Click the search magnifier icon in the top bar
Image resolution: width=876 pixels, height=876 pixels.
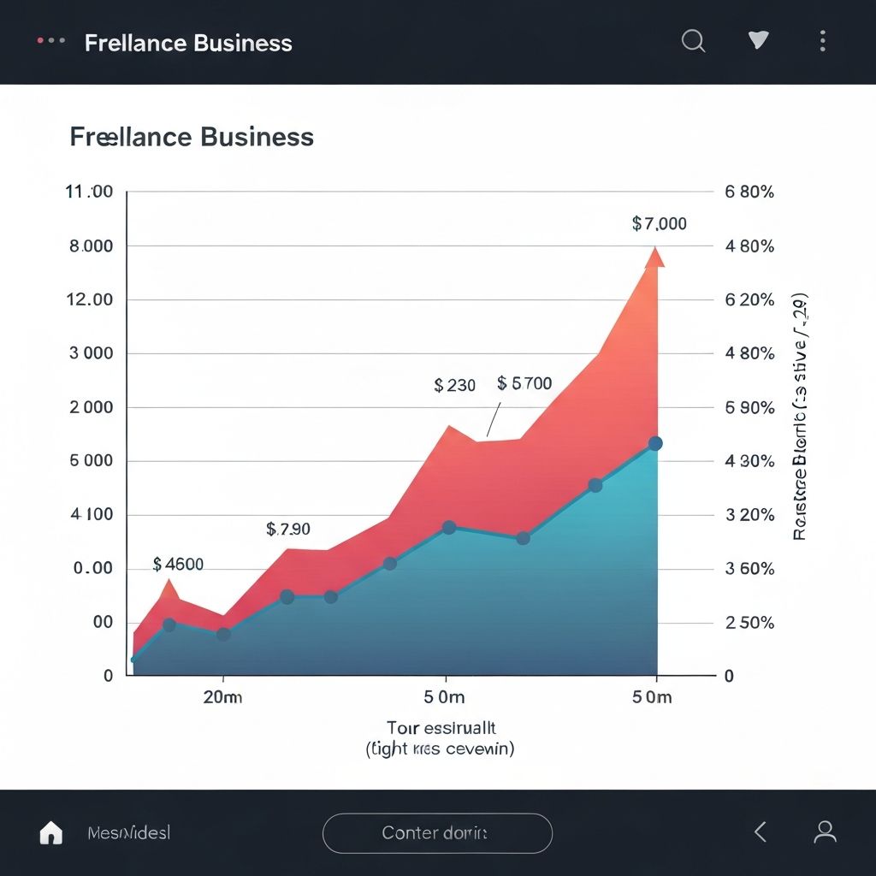(x=693, y=40)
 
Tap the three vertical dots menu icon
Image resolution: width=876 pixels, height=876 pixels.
(x=822, y=41)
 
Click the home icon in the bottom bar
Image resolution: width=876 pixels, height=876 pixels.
(x=51, y=832)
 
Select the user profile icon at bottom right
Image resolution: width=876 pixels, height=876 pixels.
(x=825, y=832)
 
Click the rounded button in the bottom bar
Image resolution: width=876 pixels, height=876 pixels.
(x=437, y=832)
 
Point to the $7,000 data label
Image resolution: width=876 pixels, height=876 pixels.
(x=659, y=224)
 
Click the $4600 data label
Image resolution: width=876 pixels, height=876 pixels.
(x=178, y=565)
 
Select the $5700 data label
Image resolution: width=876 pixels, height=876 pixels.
(x=524, y=384)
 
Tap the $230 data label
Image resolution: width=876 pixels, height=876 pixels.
(x=454, y=386)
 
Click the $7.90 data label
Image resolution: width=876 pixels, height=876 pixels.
(x=288, y=530)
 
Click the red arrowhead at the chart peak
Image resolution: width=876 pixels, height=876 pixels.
(x=655, y=257)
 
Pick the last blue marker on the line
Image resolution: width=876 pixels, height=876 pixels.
(x=655, y=443)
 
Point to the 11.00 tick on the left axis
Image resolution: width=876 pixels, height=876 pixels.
(x=89, y=192)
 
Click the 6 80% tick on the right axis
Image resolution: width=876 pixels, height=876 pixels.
(x=749, y=192)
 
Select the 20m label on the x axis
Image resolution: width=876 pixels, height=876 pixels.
(x=222, y=697)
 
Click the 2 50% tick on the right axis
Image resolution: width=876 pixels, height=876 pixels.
(x=749, y=623)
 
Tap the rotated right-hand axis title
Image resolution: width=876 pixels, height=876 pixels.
(x=800, y=419)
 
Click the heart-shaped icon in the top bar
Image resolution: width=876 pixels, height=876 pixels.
(x=758, y=40)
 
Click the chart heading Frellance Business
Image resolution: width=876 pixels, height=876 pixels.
(x=192, y=137)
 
